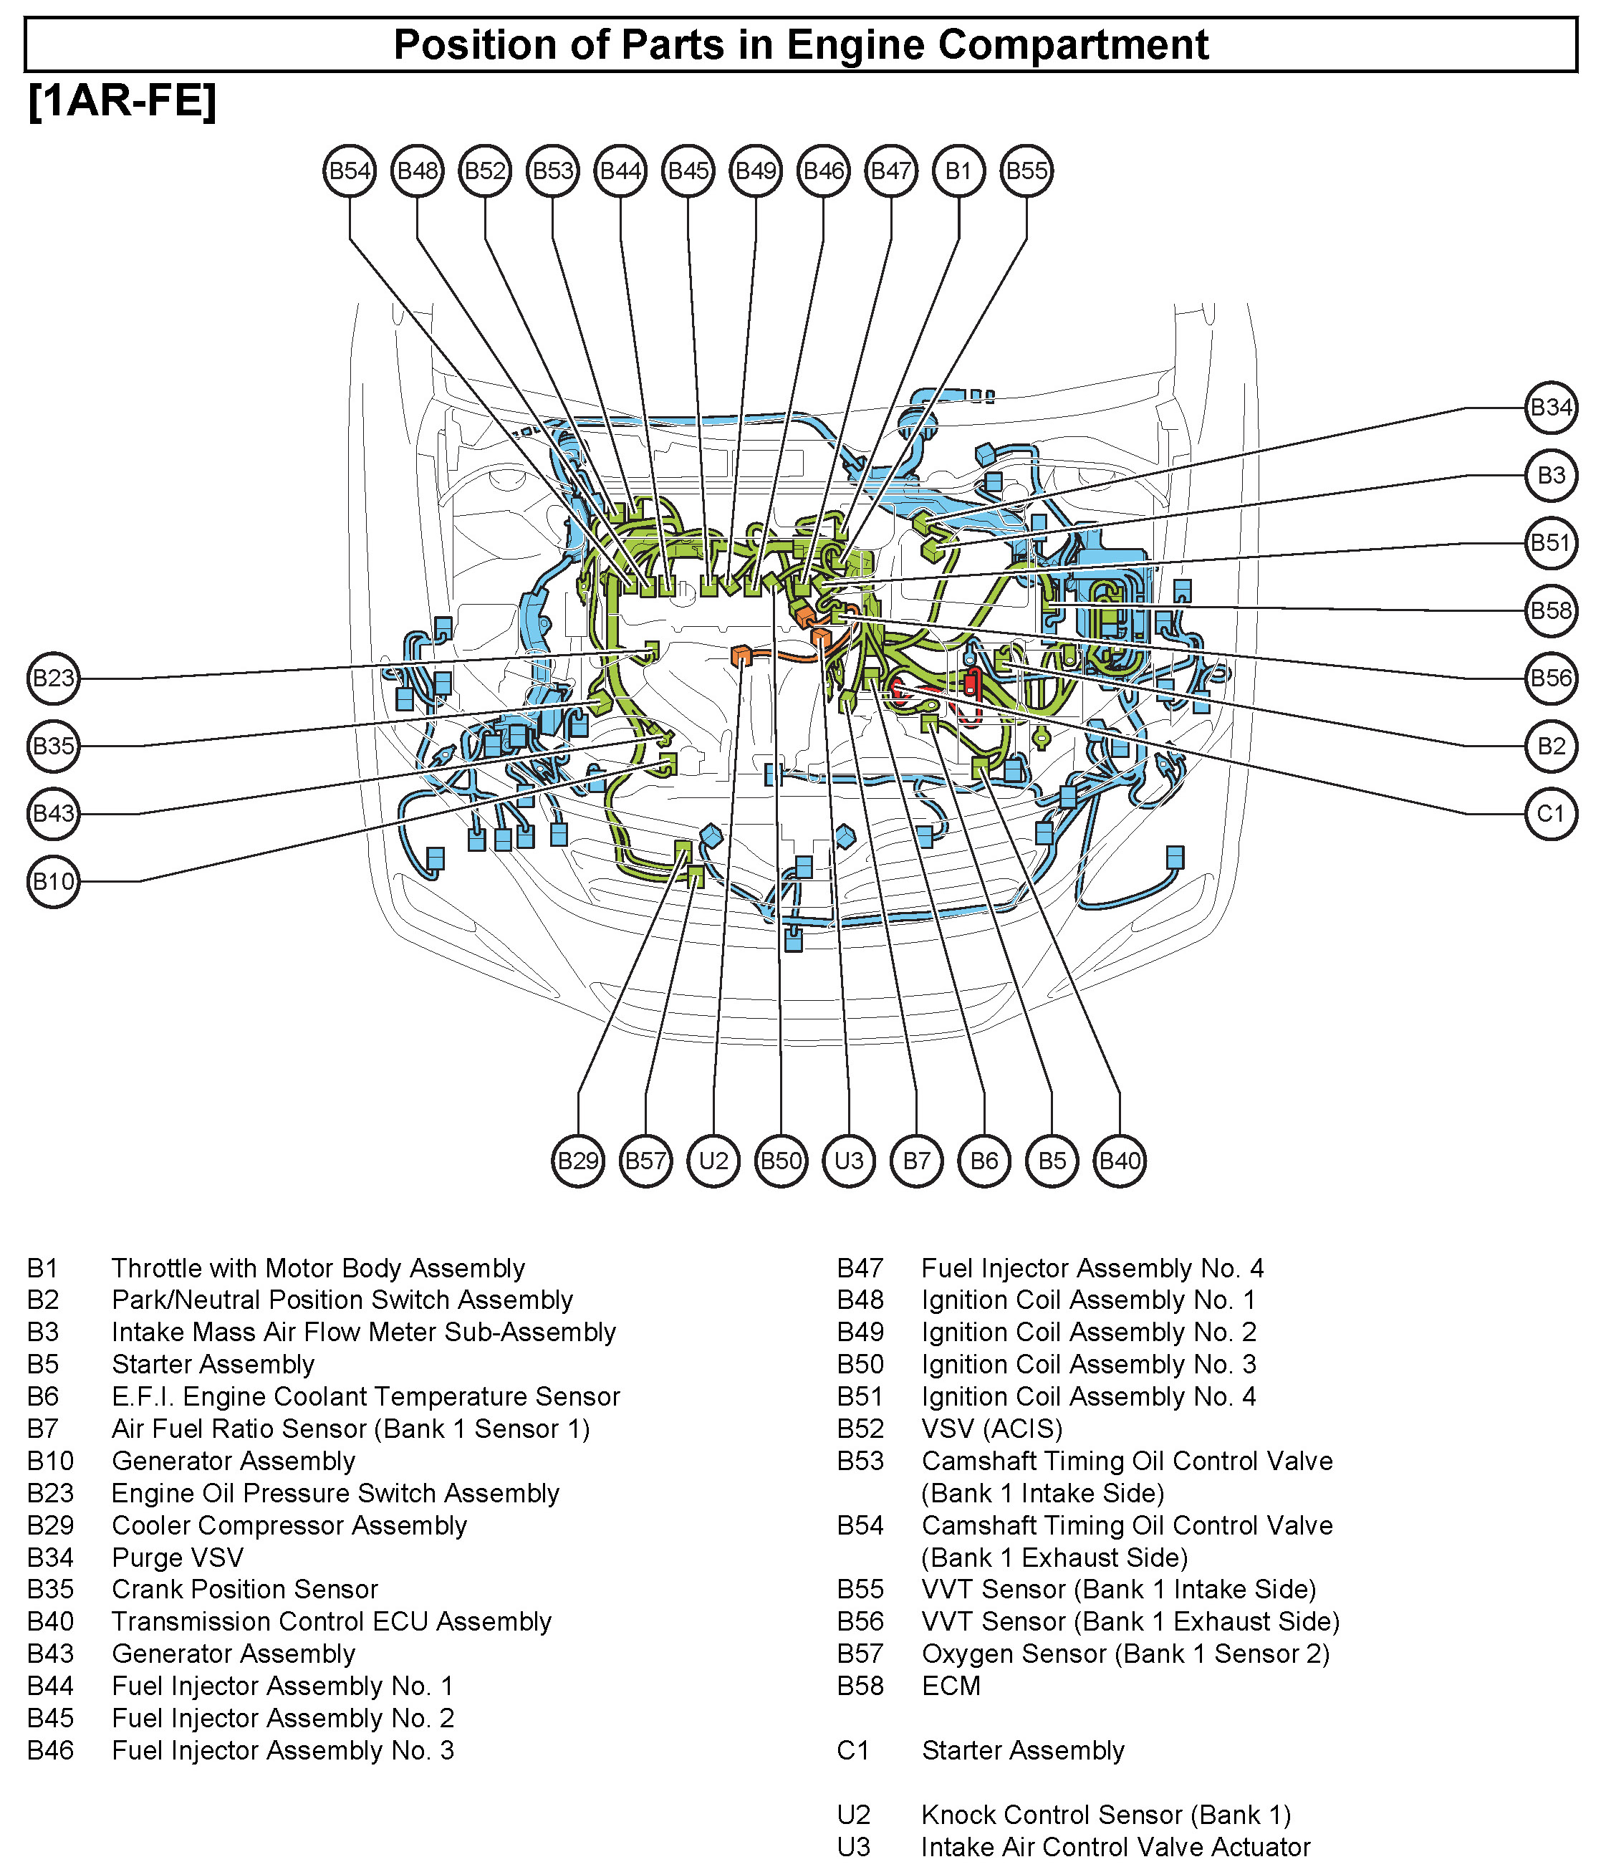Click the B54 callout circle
point(349,171)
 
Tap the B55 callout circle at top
point(1026,171)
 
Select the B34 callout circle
point(1550,408)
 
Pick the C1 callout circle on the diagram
point(1550,813)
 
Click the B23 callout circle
point(53,678)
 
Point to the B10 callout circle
point(53,881)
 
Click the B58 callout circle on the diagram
point(1550,611)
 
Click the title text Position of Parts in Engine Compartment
point(801,45)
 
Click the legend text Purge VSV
point(177,1557)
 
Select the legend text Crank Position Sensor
point(244,1588)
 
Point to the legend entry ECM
point(951,1685)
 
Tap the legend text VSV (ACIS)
point(991,1428)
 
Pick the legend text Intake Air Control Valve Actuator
point(1115,1847)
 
